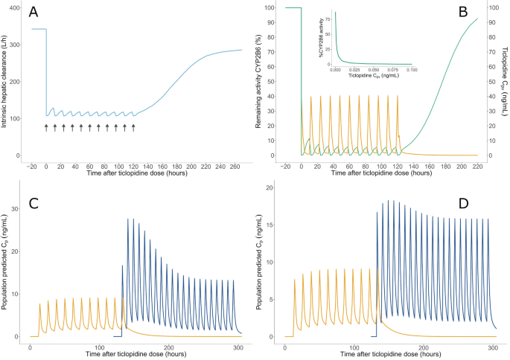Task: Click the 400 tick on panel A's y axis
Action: (x=15, y=7)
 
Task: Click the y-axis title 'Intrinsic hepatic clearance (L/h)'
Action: (x=6, y=82)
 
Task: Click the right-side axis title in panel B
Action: (x=504, y=82)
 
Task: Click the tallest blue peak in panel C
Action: (x=128, y=219)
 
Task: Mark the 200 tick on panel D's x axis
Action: (x=424, y=347)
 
